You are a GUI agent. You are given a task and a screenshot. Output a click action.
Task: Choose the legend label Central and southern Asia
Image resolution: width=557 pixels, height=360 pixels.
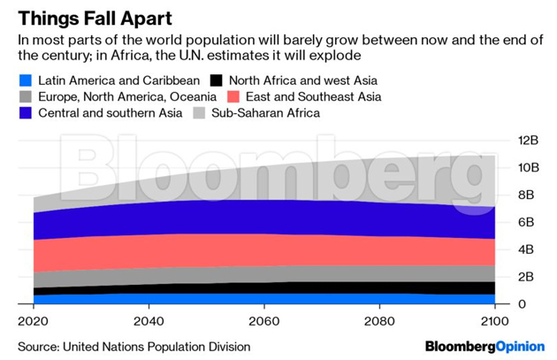pos(110,112)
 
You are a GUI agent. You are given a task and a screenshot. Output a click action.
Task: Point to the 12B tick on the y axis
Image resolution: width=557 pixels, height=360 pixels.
pos(528,141)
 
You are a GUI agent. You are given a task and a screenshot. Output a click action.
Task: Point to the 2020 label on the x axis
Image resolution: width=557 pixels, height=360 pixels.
pos(33,319)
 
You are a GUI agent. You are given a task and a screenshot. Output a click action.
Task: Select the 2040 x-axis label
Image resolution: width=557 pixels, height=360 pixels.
pos(149,319)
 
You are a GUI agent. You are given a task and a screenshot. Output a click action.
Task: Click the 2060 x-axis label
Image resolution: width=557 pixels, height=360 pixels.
pos(264,319)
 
